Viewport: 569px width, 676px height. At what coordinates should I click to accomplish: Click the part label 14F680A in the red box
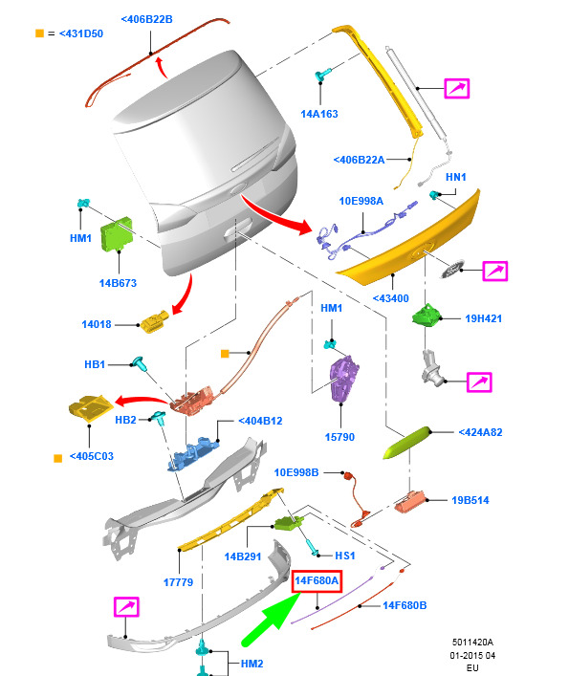click(317, 580)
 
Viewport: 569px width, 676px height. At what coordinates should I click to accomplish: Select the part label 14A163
click(319, 114)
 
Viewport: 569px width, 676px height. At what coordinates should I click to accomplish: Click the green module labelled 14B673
click(117, 233)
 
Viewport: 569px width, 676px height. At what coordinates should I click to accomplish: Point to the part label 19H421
click(483, 318)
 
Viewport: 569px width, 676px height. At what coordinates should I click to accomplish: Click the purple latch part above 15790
click(343, 378)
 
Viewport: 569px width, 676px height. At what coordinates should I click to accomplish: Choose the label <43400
click(390, 298)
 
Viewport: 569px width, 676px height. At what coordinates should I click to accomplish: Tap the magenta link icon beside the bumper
click(126, 606)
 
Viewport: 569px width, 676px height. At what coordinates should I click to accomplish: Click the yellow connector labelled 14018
click(154, 321)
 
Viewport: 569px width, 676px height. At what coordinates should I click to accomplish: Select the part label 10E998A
click(361, 201)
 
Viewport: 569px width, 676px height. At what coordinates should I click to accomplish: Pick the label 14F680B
click(405, 606)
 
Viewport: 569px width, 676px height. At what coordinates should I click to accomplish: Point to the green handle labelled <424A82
click(407, 443)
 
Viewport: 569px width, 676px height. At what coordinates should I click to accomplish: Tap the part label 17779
click(178, 582)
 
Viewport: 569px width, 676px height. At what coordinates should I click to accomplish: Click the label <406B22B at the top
click(146, 19)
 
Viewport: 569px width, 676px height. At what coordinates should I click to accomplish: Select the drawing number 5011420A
click(472, 642)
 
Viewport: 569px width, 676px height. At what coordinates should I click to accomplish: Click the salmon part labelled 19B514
click(410, 501)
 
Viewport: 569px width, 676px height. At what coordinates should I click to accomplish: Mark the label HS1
click(345, 556)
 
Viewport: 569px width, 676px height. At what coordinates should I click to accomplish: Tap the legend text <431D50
click(81, 33)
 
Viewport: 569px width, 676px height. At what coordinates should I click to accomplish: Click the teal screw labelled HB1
click(140, 364)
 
